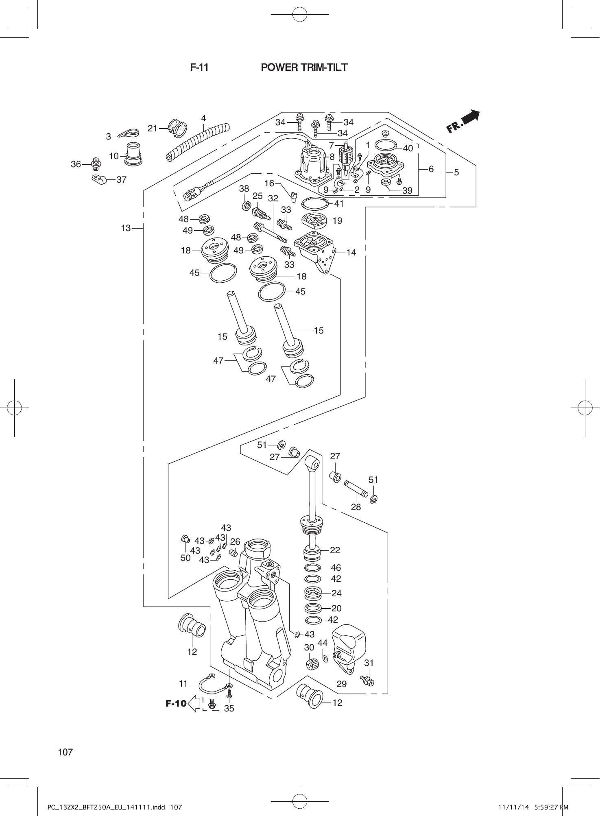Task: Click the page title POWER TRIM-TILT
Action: [x=304, y=68]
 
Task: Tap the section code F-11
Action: [x=199, y=68]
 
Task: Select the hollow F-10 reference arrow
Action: [x=194, y=703]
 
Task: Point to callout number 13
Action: [x=126, y=228]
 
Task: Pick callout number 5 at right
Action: [x=456, y=172]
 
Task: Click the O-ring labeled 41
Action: [x=315, y=203]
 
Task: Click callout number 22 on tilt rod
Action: [x=335, y=550]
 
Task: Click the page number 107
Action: [x=65, y=752]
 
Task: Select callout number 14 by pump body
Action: [x=351, y=253]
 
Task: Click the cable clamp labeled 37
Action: [x=98, y=179]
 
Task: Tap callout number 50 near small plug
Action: [x=185, y=558]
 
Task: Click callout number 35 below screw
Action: [x=229, y=708]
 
